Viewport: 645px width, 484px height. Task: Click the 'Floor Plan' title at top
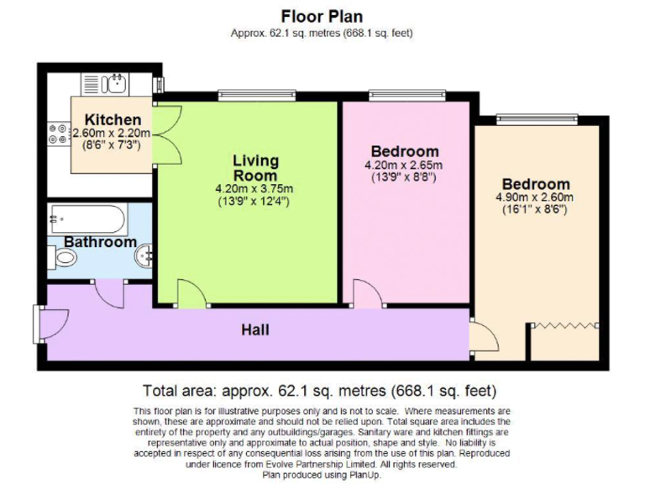[322, 17]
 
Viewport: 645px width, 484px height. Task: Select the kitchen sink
[113, 83]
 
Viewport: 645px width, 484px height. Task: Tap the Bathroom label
[100, 242]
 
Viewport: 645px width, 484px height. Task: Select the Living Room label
[254, 167]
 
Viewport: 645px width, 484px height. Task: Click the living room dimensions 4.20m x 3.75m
[254, 189]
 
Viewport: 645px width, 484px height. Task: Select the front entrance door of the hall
[50, 322]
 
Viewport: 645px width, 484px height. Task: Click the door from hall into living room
[190, 295]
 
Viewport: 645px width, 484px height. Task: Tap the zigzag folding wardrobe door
[566, 325]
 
